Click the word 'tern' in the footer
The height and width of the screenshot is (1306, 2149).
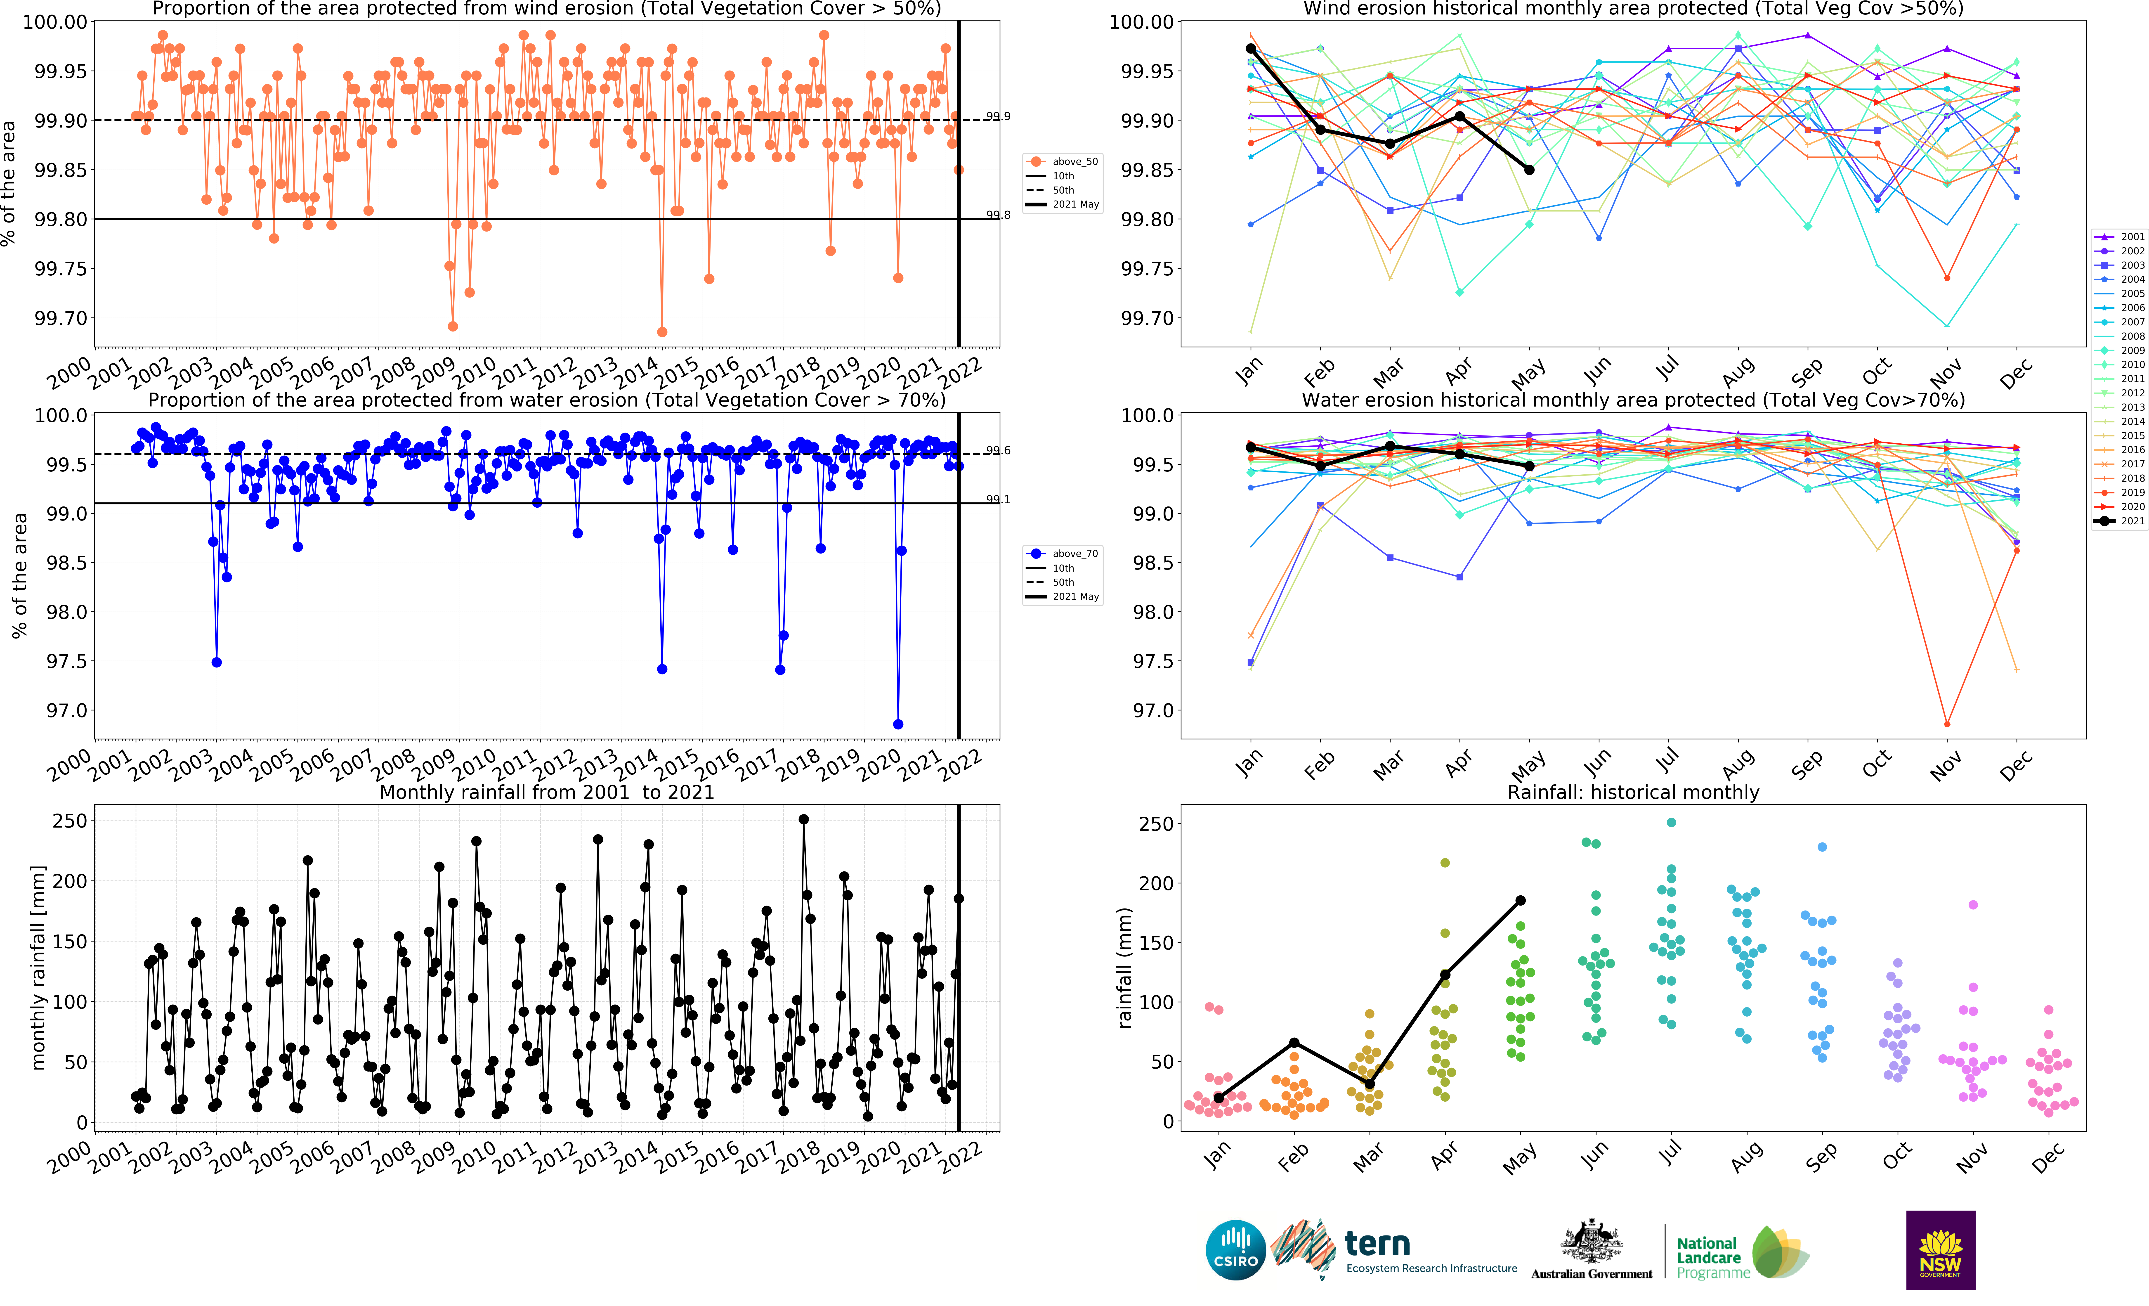[1377, 1243]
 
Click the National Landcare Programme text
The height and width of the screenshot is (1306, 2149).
[1713, 1257]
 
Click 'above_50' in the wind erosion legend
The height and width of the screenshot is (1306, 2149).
[1074, 161]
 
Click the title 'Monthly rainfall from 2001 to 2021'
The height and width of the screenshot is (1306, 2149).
[547, 792]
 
